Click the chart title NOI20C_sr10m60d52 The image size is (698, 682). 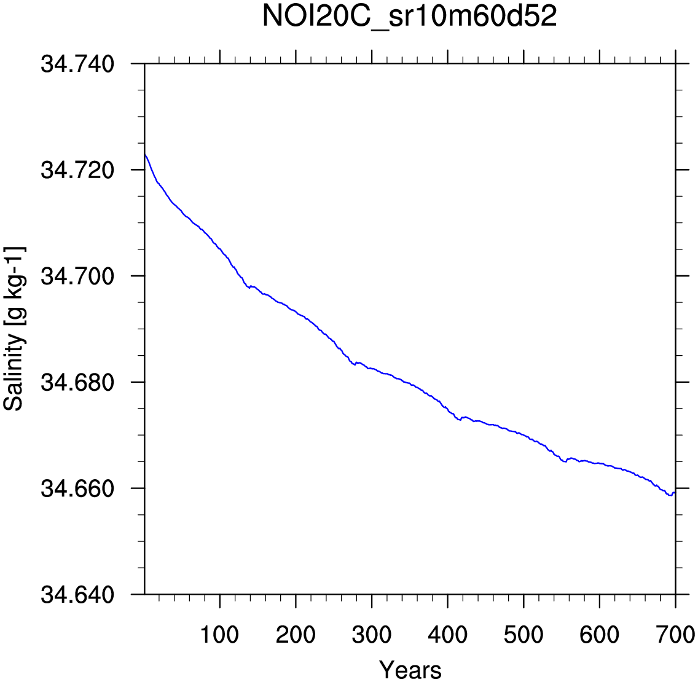[x=410, y=17]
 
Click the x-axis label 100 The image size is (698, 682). [x=220, y=635]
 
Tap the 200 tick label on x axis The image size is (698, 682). [x=296, y=635]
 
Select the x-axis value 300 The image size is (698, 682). [x=372, y=635]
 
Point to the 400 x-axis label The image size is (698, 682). [x=447, y=635]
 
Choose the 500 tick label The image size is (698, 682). [x=523, y=635]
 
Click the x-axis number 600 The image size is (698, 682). [x=599, y=635]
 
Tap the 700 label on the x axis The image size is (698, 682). [x=675, y=635]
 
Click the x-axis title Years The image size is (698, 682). [x=410, y=669]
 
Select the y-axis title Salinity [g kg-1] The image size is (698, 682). [x=15, y=329]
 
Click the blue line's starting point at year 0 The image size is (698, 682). [x=145, y=154]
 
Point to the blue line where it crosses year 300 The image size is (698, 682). [x=372, y=369]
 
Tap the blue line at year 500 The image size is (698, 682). [x=523, y=435]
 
